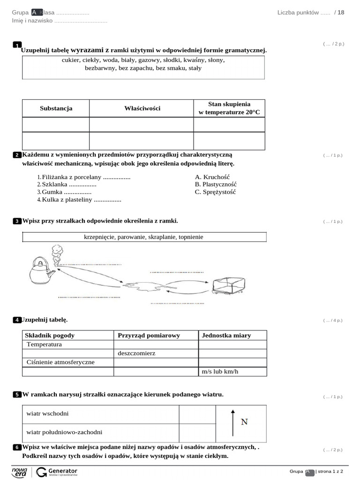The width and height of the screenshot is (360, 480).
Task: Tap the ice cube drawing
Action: [x=228, y=285]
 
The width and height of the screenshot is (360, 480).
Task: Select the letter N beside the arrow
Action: [x=244, y=422]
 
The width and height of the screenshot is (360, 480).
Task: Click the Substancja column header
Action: [x=56, y=108]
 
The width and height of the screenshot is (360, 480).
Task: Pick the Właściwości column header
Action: [x=142, y=108]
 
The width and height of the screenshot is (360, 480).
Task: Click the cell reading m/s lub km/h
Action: [x=220, y=371]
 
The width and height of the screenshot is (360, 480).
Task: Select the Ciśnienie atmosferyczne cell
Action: [x=60, y=362]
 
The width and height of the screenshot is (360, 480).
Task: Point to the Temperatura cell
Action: [x=45, y=344]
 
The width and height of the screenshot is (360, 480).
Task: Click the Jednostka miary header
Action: [x=226, y=335]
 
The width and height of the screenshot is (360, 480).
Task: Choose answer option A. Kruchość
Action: [x=212, y=177]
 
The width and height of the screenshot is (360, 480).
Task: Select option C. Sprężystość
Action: [x=215, y=192]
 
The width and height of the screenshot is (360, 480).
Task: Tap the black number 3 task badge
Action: [x=17, y=221]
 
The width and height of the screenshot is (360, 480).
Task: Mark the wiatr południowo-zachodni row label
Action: [x=64, y=432]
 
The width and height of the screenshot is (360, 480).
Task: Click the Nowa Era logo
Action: [x=19, y=472]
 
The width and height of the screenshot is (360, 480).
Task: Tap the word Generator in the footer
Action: [x=63, y=470]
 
